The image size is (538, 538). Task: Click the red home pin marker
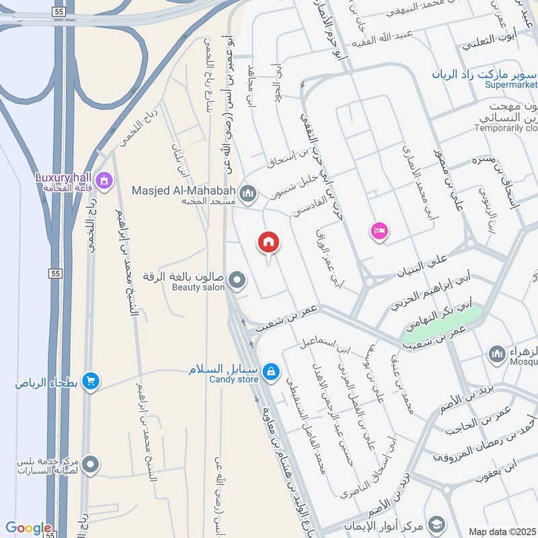(268, 243)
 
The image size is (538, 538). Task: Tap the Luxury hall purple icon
(104, 180)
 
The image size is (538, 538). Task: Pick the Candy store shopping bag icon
(270, 371)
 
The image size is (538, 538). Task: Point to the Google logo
(28, 529)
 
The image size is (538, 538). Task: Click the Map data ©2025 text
(502, 531)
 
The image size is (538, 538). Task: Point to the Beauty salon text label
(197, 287)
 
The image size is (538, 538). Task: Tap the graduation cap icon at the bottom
(436, 524)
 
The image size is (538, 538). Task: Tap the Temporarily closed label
(506, 128)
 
